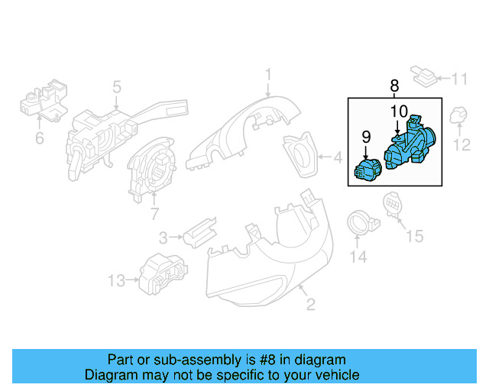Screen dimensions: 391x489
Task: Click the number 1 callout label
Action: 268,74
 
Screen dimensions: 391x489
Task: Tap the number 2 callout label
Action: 311,306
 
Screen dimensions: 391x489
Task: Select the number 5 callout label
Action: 117,87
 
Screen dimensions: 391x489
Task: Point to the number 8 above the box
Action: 394,86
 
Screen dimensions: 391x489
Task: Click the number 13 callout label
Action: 115,281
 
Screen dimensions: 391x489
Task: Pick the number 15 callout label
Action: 413,237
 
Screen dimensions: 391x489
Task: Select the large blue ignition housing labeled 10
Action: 411,147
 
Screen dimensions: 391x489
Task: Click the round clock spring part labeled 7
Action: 153,172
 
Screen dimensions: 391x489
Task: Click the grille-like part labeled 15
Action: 390,205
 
